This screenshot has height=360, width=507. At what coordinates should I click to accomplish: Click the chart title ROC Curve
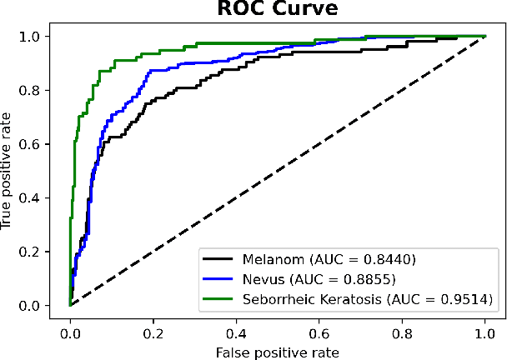coord(278,10)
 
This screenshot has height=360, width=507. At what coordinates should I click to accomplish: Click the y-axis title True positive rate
coord(9,171)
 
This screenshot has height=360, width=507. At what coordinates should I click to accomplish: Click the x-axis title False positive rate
coord(278,351)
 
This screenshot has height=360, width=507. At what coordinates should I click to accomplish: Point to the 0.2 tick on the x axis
coord(153,332)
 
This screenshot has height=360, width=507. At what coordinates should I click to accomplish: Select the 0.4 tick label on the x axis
coord(236,332)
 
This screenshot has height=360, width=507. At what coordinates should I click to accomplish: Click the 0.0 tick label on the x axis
coord(70,332)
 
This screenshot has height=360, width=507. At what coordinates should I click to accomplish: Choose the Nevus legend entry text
coord(317,278)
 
